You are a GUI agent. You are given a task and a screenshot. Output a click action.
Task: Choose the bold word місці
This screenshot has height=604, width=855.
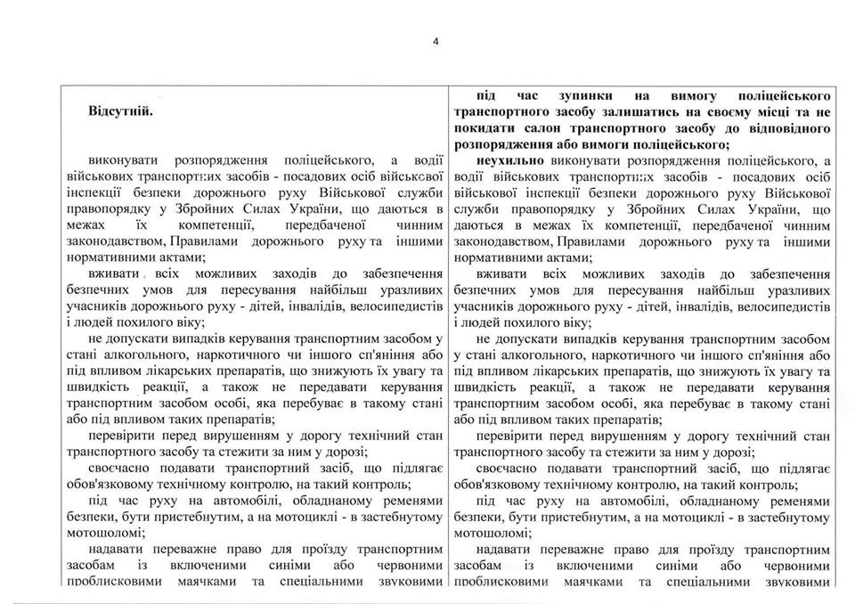tap(765, 112)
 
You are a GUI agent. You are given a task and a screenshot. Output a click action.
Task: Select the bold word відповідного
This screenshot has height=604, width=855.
tap(791, 128)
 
